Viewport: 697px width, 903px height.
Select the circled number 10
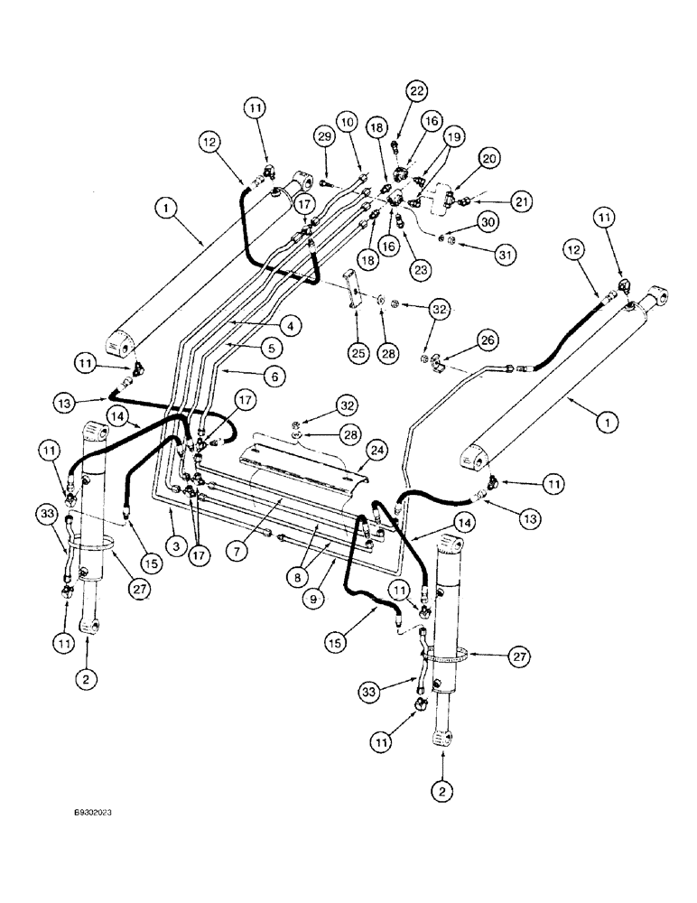(348, 123)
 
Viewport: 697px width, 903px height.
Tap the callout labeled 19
(454, 137)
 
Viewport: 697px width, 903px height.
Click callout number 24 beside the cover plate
(377, 448)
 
